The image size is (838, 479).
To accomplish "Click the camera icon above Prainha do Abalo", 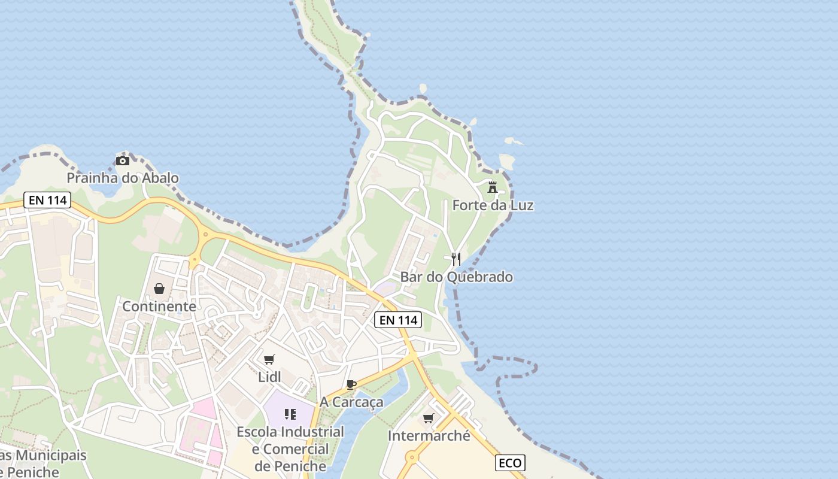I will click(x=122, y=160).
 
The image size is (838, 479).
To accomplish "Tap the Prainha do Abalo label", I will click(x=122, y=178).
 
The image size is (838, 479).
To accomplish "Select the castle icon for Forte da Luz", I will click(x=493, y=187).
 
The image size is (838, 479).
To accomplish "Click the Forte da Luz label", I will click(x=493, y=205).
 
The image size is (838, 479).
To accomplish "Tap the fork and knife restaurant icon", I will click(x=456, y=259).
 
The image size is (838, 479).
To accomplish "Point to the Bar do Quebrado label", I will click(x=456, y=277).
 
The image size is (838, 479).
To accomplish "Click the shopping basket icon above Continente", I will click(x=159, y=289).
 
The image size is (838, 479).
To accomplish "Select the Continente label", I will click(x=159, y=307).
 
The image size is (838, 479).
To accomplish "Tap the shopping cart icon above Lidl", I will click(x=269, y=359).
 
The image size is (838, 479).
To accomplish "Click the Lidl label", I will click(x=269, y=377).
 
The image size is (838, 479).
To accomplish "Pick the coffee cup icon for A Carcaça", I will click(x=351, y=384).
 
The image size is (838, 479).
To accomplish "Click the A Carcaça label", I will click(x=351, y=402).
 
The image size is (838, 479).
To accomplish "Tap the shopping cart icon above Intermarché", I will click(x=429, y=418).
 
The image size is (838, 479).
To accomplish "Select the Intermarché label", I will click(x=429, y=436).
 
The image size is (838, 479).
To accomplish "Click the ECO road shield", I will click(x=511, y=463).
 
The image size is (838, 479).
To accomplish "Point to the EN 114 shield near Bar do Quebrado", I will click(x=398, y=320).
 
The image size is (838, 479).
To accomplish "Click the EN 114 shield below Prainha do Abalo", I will click(x=47, y=200).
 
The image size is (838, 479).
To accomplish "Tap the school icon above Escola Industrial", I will click(x=290, y=414).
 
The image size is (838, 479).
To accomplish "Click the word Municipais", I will click(x=50, y=456).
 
